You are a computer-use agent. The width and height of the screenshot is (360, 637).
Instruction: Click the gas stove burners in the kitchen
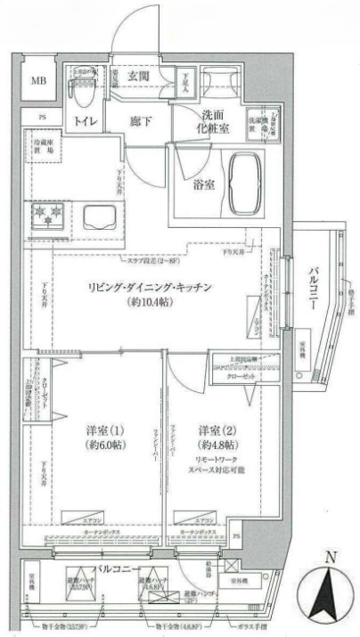click(x=46, y=215)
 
